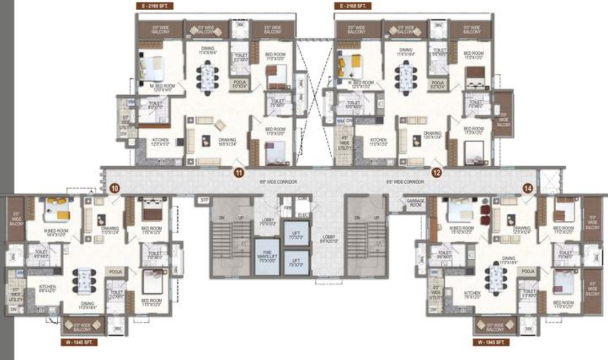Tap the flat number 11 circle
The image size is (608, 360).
pos(239,173)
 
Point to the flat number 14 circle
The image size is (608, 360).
pos(527,189)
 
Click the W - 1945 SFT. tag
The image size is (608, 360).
pos(491,341)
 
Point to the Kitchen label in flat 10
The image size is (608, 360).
pos(47,289)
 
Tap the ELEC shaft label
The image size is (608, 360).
pos(302,215)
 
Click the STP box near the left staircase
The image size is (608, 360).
pos(203,200)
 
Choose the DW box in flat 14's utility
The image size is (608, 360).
pos(433,310)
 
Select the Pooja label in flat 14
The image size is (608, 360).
pos(528,272)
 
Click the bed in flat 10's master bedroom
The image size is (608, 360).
pos(56,209)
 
